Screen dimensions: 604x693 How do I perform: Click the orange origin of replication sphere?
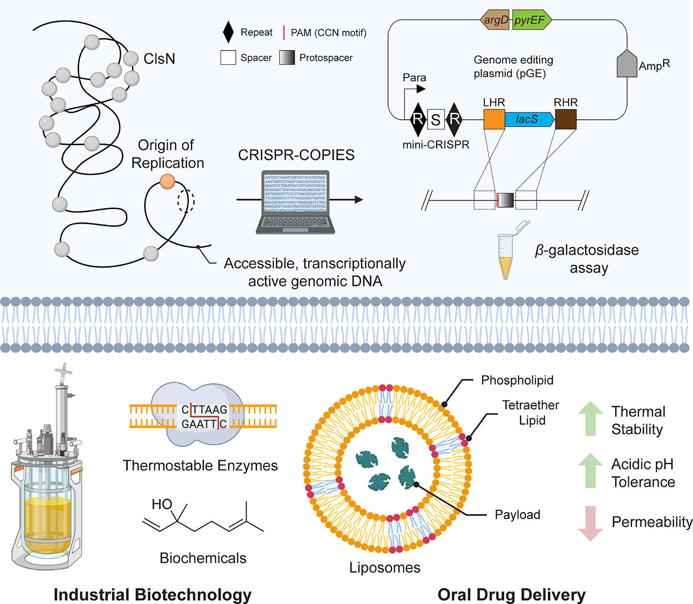167,181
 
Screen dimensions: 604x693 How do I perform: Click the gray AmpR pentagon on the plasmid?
626,64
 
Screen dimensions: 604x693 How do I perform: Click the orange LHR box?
494,119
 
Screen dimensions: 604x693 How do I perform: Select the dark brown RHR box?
566,119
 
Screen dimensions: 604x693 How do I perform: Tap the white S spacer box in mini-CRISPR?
436,119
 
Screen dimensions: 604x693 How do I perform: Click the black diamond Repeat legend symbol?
228,33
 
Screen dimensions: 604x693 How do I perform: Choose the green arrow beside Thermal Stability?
591,419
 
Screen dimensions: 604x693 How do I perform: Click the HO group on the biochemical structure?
161,504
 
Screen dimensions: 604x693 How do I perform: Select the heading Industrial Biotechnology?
152,594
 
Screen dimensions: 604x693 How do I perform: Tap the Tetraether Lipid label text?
530,413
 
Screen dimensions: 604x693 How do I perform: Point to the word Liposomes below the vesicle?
385,568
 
